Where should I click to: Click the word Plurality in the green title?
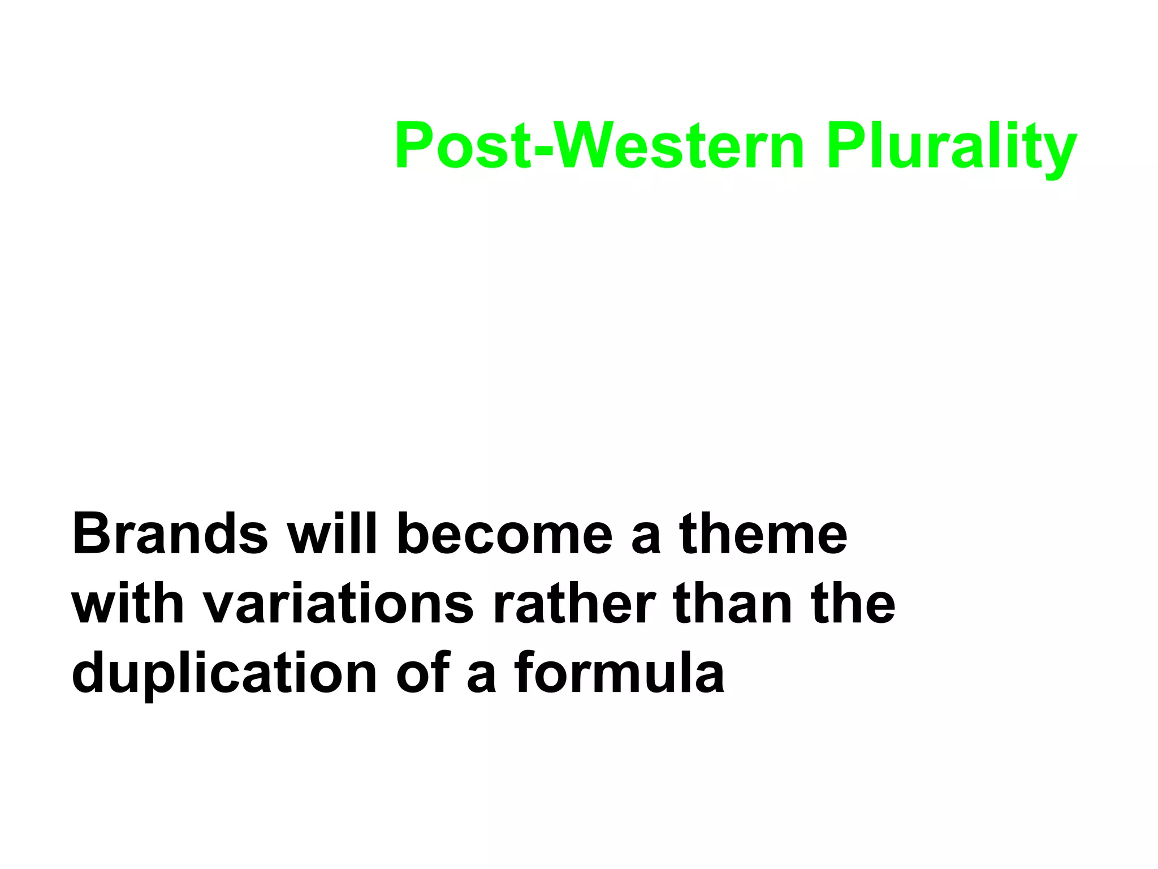951,146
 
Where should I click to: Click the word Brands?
170,534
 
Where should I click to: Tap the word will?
332,534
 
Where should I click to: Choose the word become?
505,534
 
